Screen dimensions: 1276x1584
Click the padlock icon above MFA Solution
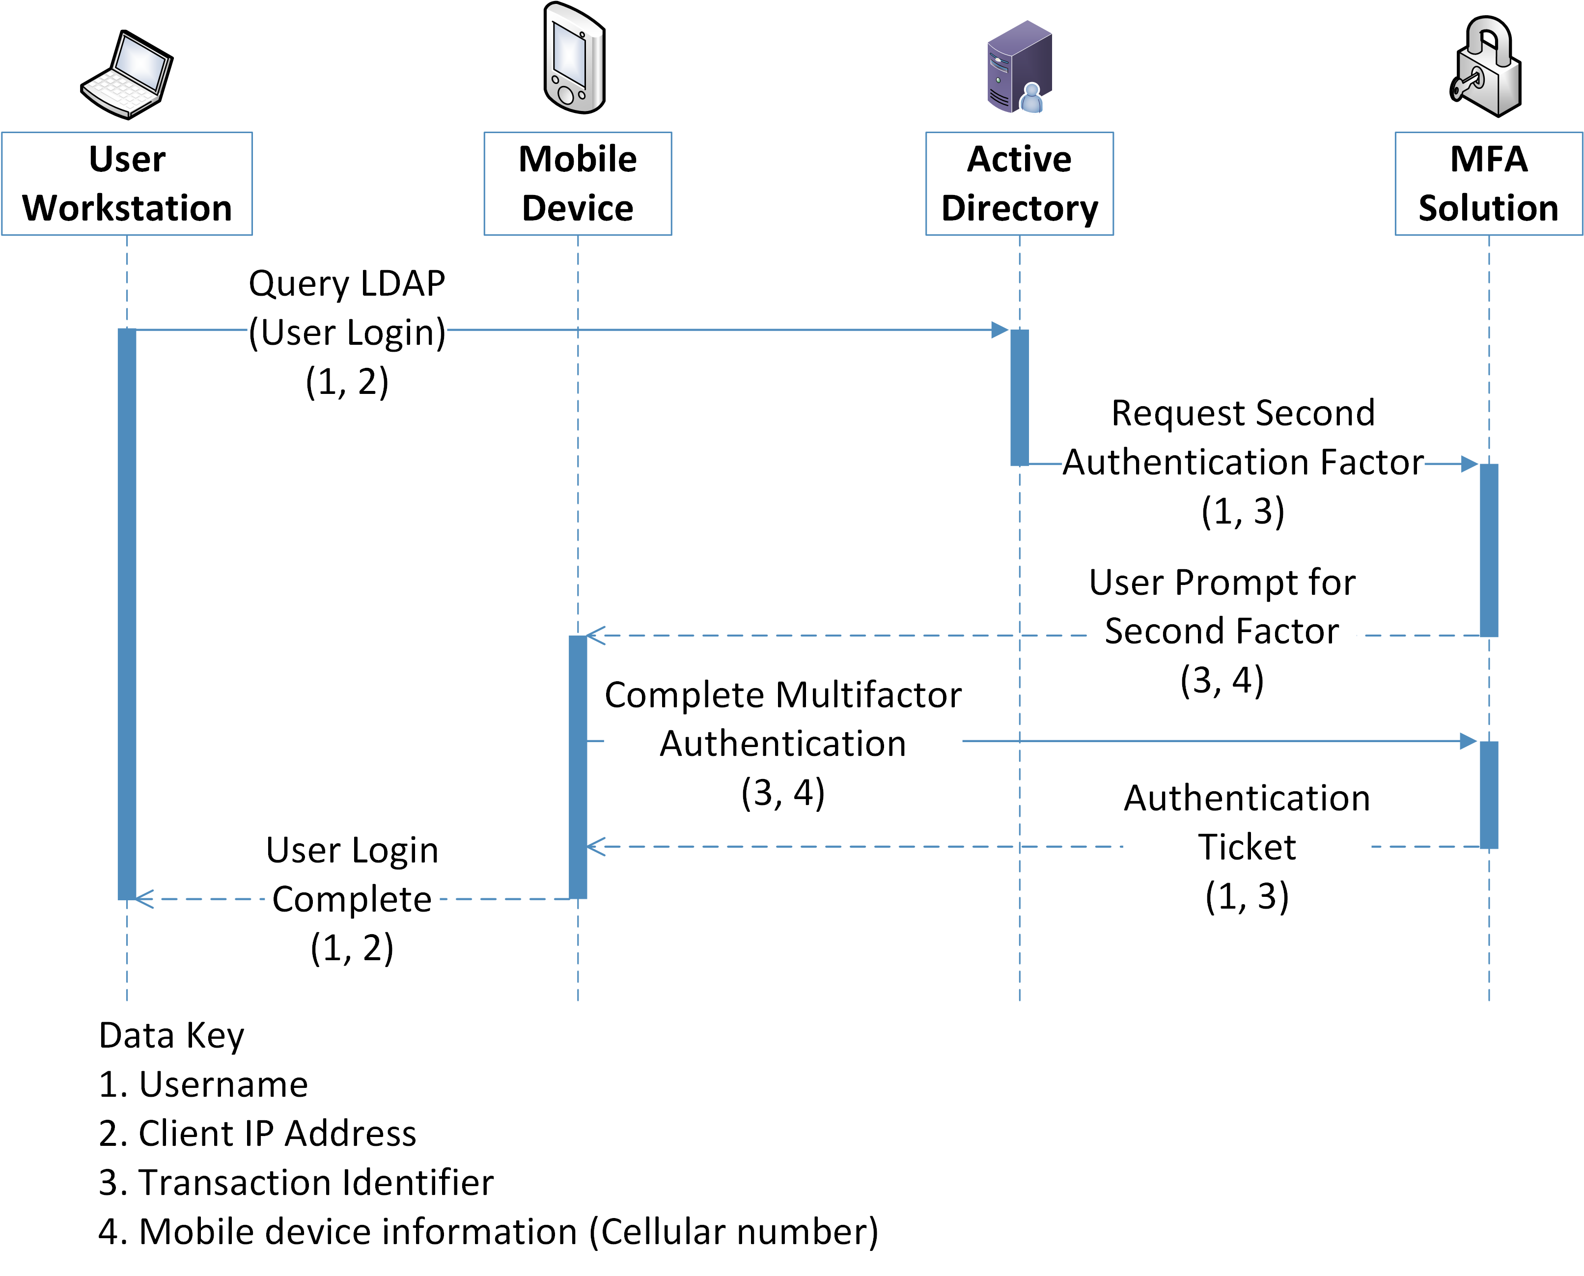1487,68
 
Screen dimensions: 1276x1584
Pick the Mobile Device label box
577,184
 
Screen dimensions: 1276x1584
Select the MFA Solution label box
1488,184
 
